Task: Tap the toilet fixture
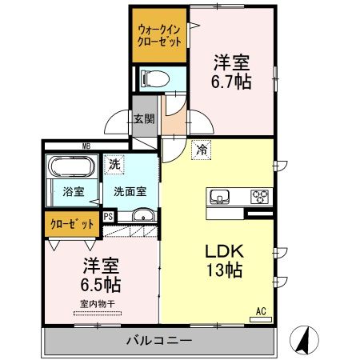click(x=153, y=78)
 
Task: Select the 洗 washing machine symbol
click(x=116, y=162)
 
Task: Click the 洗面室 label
click(x=129, y=192)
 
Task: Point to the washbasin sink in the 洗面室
click(x=144, y=214)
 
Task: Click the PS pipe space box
click(x=110, y=215)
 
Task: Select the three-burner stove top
click(x=260, y=195)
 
